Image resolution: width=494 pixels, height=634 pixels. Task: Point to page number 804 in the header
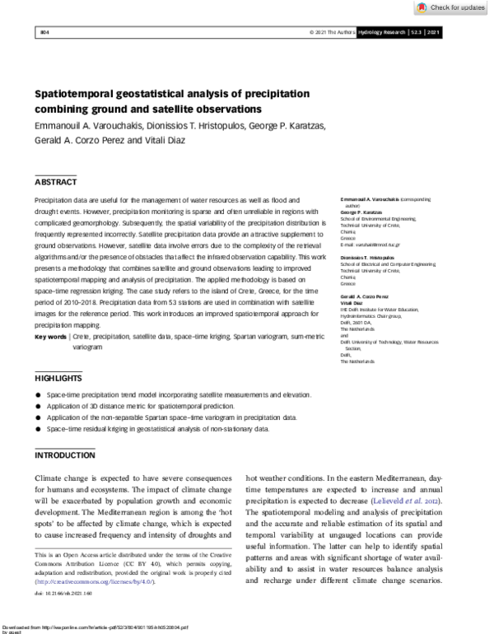pos(45,32)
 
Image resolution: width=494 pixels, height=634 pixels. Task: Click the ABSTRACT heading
pos(56,182)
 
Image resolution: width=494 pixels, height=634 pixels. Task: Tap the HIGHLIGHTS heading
pos(58,379)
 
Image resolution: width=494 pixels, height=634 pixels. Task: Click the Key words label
pos(51,338)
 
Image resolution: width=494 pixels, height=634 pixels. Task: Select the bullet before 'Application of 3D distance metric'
pos(38,407)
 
